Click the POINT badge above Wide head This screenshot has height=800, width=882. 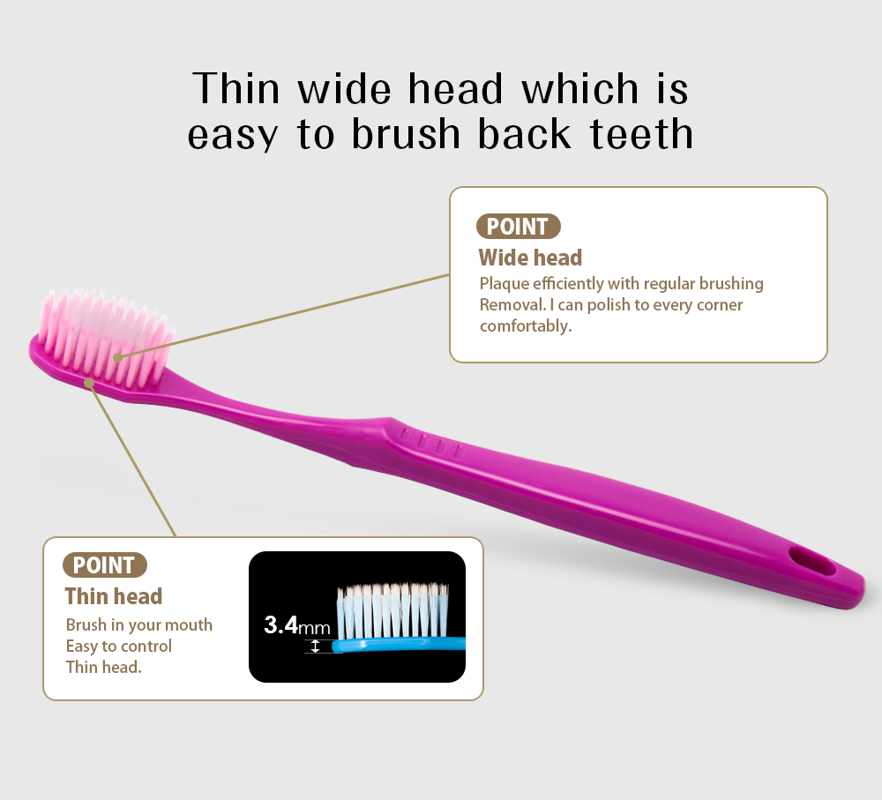click(x=518, y=226)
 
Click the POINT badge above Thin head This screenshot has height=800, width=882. click(x=105, y=564)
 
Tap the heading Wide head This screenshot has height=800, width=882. click(x=530, y=258)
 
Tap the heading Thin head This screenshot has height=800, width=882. click(x=114, y=596)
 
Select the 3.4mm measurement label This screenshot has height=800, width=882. click(x=297, y=625)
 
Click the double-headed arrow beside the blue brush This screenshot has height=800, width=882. click(x=315, y=646)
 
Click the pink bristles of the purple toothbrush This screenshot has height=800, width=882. click(x=105, y=338)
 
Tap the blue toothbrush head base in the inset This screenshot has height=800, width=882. click(x=399, y=644)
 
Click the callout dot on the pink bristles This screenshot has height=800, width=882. click(x=117, y=357)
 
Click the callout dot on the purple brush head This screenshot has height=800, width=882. click(x=89, y=383)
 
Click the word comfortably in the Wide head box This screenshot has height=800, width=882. click(x=526, y=326)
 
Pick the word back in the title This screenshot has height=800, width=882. click(x=524, y=134)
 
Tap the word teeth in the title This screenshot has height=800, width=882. click(x=642, y=134)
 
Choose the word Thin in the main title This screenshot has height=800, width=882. click(x=235, y=88)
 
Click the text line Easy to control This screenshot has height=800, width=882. click(x=119, y=646)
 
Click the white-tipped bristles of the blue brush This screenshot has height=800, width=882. click(x=392, y=610)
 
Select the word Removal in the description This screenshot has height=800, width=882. click(x=512, y=305)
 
